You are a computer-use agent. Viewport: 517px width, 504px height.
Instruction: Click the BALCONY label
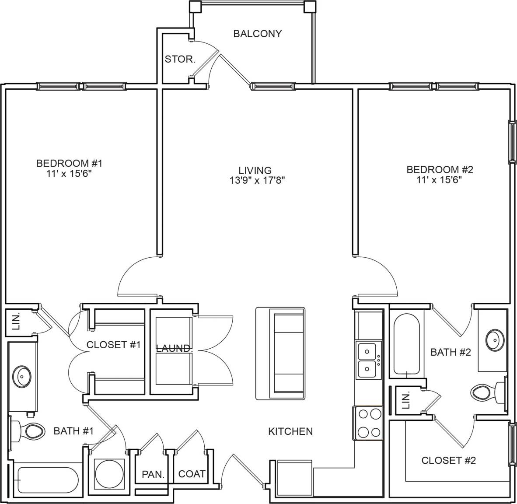tap(257, 34)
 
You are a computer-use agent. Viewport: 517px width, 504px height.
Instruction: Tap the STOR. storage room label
tap(180, 59)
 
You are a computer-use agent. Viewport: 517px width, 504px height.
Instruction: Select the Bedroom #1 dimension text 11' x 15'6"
tap(69, 173)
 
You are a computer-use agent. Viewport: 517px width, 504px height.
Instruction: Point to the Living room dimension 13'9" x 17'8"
tap(258, 180)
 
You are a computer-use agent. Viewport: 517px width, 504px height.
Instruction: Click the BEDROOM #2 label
tap(440, 170)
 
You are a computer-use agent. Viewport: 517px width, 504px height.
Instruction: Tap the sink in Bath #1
tap(22, 375)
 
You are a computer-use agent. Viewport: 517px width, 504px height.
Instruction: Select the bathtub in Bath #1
tap(46, 480)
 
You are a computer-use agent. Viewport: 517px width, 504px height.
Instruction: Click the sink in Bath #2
tap(493, 339)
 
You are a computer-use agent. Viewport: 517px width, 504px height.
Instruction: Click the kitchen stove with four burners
tap(367, 423)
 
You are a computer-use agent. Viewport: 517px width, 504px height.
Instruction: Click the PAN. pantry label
tap(153, 474)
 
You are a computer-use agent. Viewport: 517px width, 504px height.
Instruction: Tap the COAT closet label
tap(192, 474)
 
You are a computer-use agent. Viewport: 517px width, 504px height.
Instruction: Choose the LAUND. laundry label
tap(174, 349)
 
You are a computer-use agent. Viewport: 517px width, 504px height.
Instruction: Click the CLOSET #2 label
tap(448, 460)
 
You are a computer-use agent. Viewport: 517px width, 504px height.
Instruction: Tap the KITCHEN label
tap(290, 431)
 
